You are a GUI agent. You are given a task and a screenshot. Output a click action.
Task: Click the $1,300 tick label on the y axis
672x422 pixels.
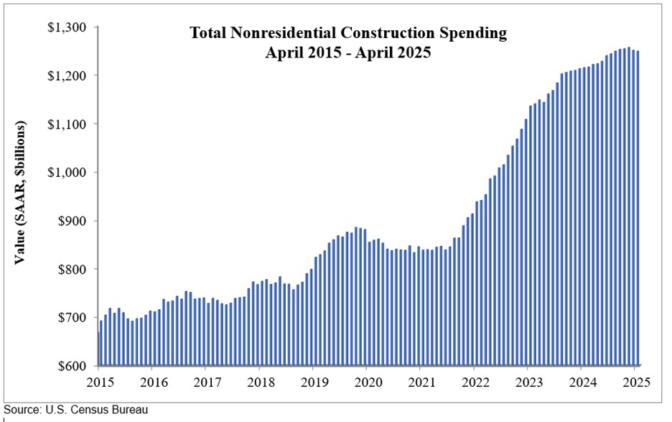[67, 27]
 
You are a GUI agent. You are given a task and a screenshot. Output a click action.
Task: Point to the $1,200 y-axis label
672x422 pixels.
[67, 75]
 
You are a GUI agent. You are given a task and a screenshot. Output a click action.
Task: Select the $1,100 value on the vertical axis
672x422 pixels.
[67, 124]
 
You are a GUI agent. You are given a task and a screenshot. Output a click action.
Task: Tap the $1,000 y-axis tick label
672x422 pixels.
[67, 173]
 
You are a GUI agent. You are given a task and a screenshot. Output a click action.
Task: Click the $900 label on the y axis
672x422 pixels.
[71, 221]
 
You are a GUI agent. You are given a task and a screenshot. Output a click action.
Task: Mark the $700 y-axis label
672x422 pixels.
[71, 318]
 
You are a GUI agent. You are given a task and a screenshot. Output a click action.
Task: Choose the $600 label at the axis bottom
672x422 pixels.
[71, 366]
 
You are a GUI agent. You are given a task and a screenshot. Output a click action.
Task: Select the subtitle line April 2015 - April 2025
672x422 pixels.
[347, 52]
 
